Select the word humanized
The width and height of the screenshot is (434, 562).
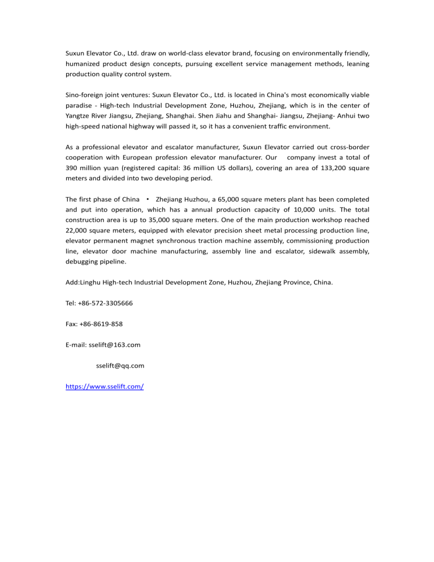tap(83, 64)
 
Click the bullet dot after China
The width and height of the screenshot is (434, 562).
tap(147, 199)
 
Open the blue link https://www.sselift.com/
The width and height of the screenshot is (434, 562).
tap(105, 387)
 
